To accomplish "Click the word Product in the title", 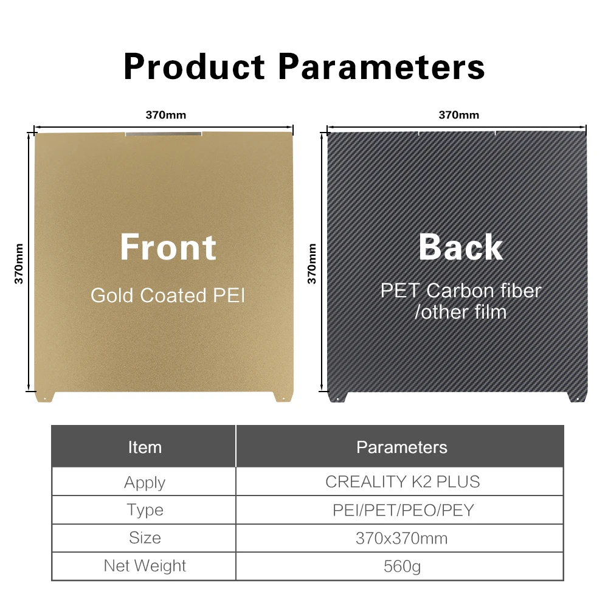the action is coord(195,67).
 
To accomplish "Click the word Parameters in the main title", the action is coord(382,67).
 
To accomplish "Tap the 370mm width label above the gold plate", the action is coord(165,115).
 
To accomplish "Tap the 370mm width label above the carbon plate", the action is coord(458,115).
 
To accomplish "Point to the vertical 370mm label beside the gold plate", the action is coord(19,264).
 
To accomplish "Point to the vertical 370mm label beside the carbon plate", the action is coord(312,264).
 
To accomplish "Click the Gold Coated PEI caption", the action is coord(168,295).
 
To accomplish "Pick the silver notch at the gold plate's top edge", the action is coord(164,134).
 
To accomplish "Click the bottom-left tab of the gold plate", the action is coord(45,397).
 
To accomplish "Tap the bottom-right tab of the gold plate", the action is coord(283,397).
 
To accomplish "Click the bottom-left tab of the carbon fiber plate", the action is coord(337,397).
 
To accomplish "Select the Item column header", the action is coord(145,447).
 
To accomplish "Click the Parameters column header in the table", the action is coord(402,447).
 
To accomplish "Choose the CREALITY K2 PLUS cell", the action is coord(402,482).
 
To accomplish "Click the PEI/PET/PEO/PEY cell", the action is coord(403,510).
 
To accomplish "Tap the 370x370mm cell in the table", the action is coord(402,539).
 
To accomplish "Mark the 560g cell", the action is coord(402,567).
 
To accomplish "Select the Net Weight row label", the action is coord(145,566).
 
